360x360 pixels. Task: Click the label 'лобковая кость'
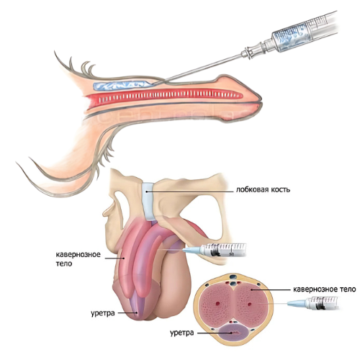263,189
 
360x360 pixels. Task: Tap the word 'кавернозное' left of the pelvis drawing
78,254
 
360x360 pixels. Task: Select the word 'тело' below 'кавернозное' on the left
64,264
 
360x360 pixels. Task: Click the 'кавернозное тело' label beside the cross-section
325,289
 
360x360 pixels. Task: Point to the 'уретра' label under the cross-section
181,333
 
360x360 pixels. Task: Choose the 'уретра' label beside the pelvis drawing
103,313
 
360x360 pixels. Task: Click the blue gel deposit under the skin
123,86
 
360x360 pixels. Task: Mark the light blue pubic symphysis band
150,201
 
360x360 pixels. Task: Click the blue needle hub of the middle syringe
192,251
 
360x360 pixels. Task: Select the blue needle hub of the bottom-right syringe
297,303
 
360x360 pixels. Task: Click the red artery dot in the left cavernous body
218,304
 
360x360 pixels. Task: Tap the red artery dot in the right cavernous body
250,305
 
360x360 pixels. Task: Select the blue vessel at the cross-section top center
233,276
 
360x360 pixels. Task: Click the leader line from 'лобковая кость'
189,192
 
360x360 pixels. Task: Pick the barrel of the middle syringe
223,250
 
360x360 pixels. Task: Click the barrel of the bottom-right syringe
323,303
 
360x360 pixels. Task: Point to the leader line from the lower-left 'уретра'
127,313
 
